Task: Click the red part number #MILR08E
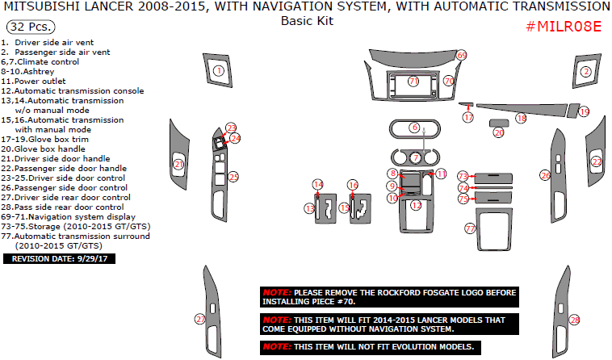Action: [x=564, y=27]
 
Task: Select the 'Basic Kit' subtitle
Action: [x=306, y=21]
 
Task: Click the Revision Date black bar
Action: [x=60, y=259]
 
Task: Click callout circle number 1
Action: [x=218, y=72]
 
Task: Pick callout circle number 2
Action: [x=585, y=72]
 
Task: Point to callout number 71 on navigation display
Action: [x=413, y=82]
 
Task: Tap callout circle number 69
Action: [x=462, y=55]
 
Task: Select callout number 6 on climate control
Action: [x=414, y=128]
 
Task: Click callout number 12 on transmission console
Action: [x=416, y=206]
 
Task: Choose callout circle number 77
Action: [x=470, y=229]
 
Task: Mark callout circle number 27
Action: [x=200, y=320]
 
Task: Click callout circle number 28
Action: [x=575, y=320]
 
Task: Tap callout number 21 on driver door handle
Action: [x=178, y=165]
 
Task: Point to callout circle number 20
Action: [x=499, y=132]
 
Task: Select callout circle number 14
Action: [x=318, y=185]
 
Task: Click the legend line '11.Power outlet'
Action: [x=33, y=81]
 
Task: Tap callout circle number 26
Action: [x=545, y=174]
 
